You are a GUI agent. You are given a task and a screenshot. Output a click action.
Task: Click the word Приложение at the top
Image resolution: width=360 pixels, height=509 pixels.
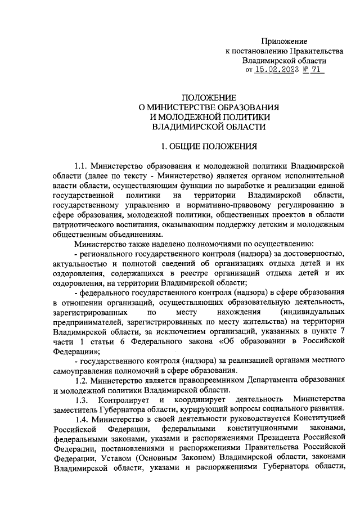pyautogui.click(x=284, y=41)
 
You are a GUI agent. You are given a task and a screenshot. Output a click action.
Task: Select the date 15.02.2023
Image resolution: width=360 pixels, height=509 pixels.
pyautogui.click(x=275, y=70)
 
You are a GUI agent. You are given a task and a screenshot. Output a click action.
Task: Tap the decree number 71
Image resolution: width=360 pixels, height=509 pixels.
pyautogui.click(x=318, y=70)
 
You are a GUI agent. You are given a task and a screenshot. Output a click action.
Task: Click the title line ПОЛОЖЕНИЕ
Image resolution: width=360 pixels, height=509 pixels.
pyautogui.click(x=209, y=97)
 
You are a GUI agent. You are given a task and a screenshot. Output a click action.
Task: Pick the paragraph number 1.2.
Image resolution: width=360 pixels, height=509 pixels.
pyautogui.click(x=82, y=380)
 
